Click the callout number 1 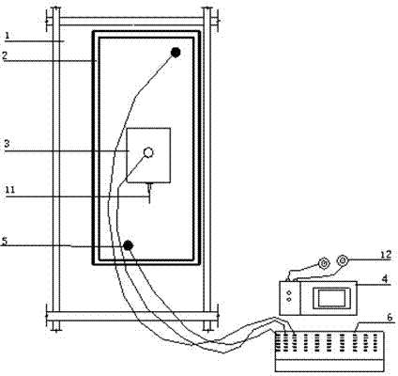pos(8,35)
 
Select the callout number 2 pos(5,55)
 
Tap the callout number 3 pos(7,144)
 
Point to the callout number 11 pos(10,190)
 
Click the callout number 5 pos(5,241)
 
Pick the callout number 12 pos(386,255)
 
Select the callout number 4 pos(386,277)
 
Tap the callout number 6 pos(390,317)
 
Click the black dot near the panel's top pos(176,53)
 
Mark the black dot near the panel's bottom pos(128,245)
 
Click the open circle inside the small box pos(148,152)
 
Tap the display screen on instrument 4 pos(332,298)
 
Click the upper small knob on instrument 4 pos(288,292)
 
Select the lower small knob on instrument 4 pos(288,300)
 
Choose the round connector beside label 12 pos(343,259)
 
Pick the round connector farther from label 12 pos(324,263)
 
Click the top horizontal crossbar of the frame pos(132,22)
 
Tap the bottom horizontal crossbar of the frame pos(132,316)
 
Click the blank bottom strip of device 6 pos(329,366)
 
